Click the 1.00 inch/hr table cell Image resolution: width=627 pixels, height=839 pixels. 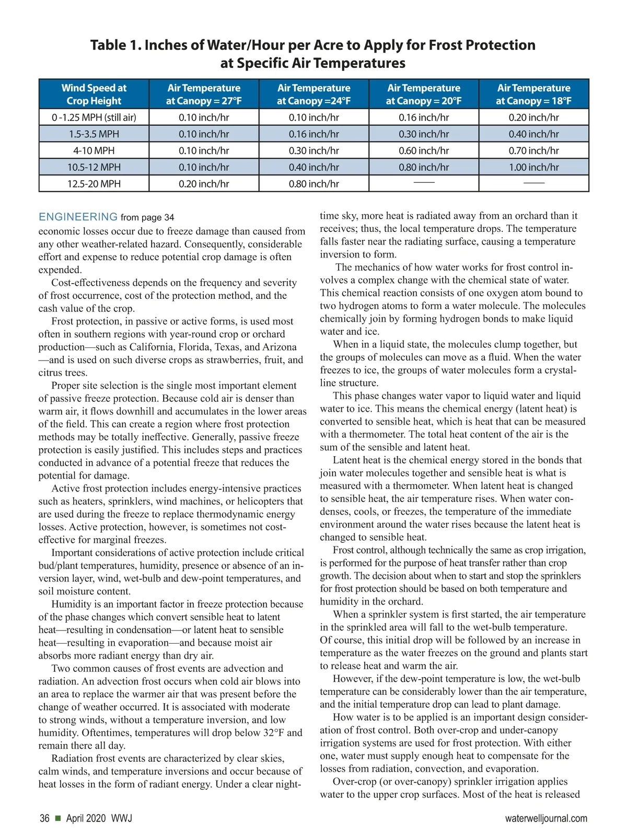(533, 167)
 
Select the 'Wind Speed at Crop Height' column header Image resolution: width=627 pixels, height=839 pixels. (94, 94)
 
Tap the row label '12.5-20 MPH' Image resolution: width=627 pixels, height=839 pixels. (94, 184)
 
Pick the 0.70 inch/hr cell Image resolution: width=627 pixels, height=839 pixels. (533, 150)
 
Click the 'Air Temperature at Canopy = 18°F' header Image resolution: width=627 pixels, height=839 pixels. (533, 94)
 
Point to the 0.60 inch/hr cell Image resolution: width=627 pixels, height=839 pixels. (424, 150)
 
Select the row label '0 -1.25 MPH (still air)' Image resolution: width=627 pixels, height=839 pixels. (94, 118)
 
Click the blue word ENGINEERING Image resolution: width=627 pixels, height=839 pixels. (78, 217)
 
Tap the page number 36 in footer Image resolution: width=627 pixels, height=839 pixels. (45, 818)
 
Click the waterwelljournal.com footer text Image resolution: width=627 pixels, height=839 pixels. (546, 818)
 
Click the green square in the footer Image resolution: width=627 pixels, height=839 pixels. (57, 818)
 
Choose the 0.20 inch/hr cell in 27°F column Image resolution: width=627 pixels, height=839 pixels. (204, 184)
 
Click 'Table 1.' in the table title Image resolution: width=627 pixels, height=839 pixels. (116, 45)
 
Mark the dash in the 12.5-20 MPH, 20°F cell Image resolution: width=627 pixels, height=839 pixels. (424, 182)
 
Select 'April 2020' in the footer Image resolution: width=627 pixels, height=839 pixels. (86, 818)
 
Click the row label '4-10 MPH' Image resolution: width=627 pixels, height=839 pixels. (94, 150)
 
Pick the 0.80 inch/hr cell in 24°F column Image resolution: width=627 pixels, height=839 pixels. (313, 184)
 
